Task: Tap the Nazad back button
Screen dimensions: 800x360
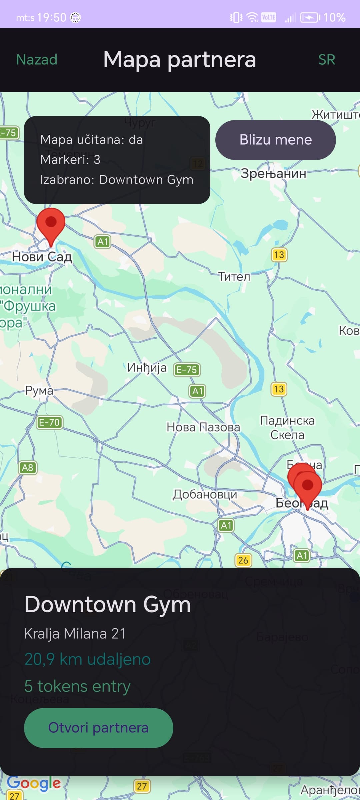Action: click(37, 60)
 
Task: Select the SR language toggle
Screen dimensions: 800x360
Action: click(326, 60)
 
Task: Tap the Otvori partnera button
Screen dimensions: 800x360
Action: click(98, 728)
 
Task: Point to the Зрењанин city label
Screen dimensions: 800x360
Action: click(273, 173)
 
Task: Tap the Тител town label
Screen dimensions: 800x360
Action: click(234, 276)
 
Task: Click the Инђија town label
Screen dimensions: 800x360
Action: click(147, 368)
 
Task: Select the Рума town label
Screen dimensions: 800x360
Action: click(39, 390)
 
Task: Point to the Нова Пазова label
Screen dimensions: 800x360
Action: click(203, 427)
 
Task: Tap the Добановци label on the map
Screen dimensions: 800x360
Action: click(205, 494)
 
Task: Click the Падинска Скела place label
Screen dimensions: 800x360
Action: click(287, 428)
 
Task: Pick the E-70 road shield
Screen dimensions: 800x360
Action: click(49, 422)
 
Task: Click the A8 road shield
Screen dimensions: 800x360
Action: click(27, 468)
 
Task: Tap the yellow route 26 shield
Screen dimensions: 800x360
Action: click(243, 560)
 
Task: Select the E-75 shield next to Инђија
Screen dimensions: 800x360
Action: click(187, 370)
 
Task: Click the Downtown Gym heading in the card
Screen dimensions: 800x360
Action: click(108, 604)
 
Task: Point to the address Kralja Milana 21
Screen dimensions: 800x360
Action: click(75, 634)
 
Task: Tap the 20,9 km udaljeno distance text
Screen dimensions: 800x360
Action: click(87, 659)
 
